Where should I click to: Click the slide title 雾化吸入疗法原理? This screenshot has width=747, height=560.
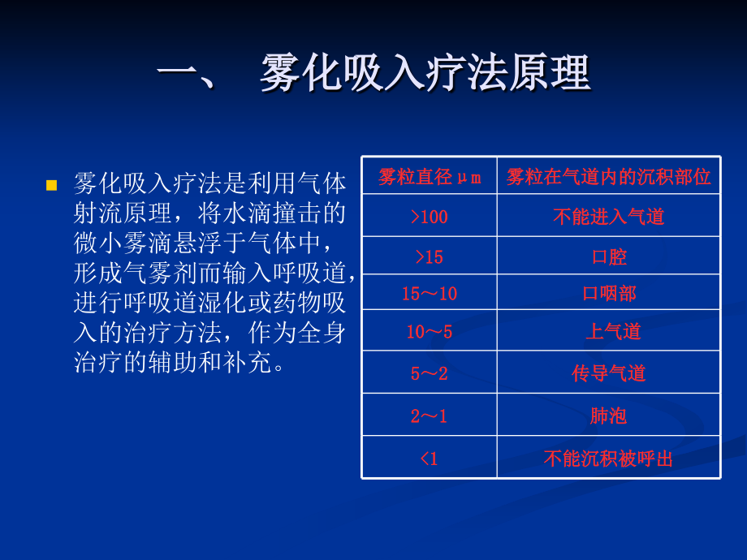(x=425, y=73)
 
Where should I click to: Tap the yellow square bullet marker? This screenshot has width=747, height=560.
(x=51, y=185)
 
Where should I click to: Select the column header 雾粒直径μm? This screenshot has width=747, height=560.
(x=430, y=177)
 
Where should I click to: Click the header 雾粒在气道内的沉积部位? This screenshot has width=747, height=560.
(x=608, y=177)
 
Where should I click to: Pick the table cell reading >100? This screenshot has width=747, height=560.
(x=430, y=217)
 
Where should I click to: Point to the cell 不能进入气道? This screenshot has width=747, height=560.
(x=608, y=217)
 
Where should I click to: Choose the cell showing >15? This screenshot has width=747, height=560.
(x=430, y=257)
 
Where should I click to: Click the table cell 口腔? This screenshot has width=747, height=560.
(x=609, y=257)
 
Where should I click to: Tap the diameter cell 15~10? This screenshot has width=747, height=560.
(x=430, y=293)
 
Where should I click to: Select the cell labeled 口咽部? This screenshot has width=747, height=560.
(x=609, y=293)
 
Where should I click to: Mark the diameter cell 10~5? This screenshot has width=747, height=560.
(x=430, y=331)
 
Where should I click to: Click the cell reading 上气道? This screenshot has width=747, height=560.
(x=613, y=331)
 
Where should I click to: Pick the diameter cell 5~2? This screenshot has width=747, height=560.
(x=430, y=373)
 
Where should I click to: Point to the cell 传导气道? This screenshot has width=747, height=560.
(x=608, y=373)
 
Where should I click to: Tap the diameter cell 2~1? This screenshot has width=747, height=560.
(x=430, y=416)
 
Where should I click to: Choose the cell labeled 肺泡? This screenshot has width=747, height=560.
(x=608, y=416)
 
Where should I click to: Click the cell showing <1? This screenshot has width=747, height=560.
(x=430, y=459)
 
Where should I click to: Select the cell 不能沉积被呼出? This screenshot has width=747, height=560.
(x=608, y=459)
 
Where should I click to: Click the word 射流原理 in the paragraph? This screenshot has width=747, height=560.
(x=122, y=213)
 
